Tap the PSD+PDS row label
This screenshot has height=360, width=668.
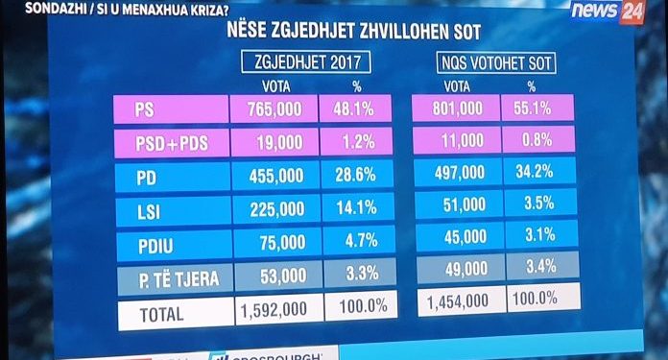pos(169,144)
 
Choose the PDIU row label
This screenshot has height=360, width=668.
pos(169,243)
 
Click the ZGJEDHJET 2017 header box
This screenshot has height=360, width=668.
pos(305,65)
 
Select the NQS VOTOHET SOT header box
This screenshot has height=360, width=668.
pos(493,66)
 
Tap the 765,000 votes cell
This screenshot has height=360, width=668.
pos(274,110)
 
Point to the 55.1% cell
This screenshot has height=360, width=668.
pos(535,109)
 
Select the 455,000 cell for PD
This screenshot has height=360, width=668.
pos(274,177)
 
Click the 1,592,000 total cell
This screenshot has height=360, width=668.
pos(274,311)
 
